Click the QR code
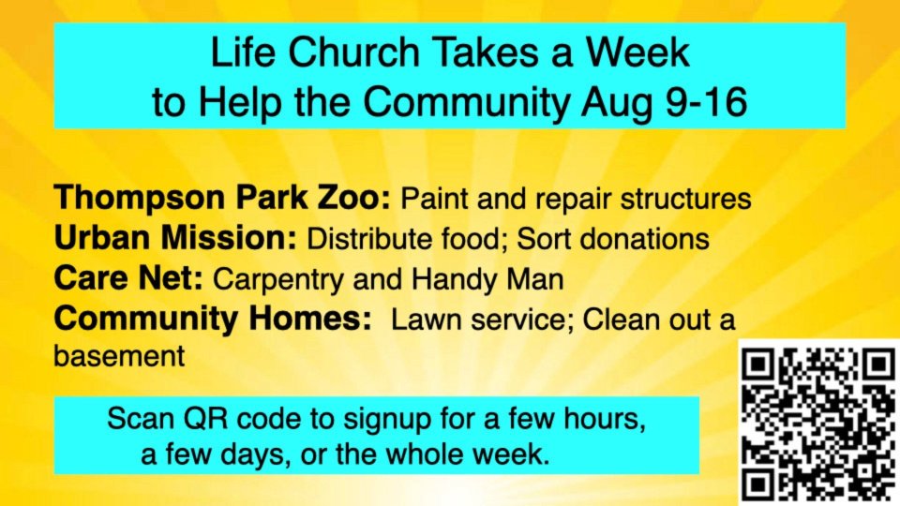[819, 423]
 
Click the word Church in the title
[354, 52]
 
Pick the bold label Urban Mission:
[175, 238]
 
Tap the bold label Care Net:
[128, 278]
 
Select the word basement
[119, 356]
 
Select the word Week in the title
[637, 52]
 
